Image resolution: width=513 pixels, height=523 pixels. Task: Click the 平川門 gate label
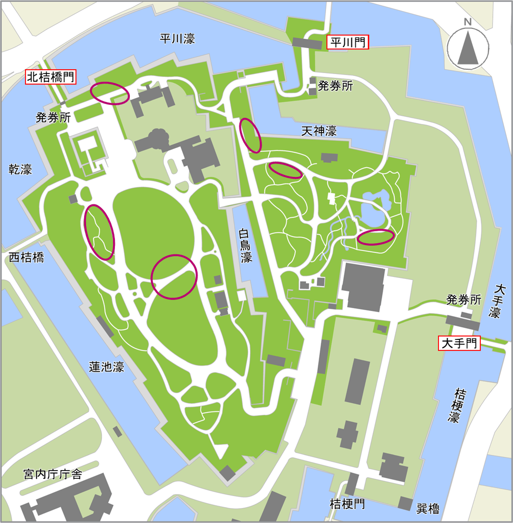point(348,42)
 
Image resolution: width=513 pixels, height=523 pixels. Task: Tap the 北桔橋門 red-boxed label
point(51,77)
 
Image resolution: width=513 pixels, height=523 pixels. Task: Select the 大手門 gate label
point(460,343)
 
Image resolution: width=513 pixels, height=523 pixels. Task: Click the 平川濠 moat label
point(177,39)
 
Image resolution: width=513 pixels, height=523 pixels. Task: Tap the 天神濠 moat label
point(319,131)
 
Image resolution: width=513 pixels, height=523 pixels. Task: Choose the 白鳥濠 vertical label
point(246,245)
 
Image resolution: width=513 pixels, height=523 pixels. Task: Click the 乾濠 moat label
point(20,169)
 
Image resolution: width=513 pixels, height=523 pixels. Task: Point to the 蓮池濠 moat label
point(107,367)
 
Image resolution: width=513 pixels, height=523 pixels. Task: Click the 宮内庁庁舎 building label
point(52,475)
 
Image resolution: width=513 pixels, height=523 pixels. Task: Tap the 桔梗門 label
point(347,504)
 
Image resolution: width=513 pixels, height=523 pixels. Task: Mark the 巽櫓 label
point(427,509)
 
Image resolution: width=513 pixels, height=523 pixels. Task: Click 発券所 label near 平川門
point(335,86)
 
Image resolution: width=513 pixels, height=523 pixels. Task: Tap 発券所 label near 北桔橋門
point(53,117)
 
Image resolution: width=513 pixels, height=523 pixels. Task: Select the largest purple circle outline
point(174,277)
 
